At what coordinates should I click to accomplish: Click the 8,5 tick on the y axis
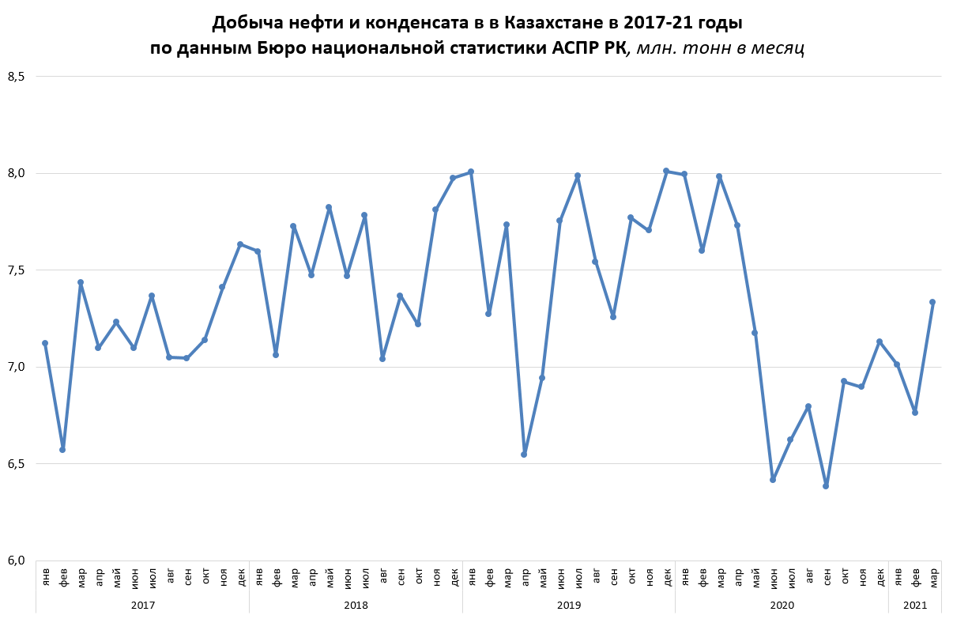[x=16, y=77]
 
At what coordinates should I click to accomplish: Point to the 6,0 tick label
[x=16, y=560]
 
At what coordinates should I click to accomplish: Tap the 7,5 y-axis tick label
[x=16, y=270]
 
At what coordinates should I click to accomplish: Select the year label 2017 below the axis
[x=143, y=605]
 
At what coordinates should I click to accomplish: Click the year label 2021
[x=915, y=605]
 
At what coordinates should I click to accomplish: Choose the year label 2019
[x=569, y=605]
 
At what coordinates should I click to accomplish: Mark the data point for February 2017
[x=62, y=450]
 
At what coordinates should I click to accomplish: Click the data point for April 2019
[x=524, y=455]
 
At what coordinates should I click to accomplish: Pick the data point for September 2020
[x=826, y=486]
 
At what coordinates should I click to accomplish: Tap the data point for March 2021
[x=932, y=302]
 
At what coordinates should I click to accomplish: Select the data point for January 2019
[x=471, y=172]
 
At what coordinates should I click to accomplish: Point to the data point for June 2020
[x=773, y=480]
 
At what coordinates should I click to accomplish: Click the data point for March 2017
[x=81, y=282]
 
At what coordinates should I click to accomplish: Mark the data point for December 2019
[x=666, y=171]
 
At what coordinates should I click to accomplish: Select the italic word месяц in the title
[x=777, y=47]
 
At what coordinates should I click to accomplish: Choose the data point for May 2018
[x=329, y=207]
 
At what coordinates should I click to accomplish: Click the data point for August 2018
[x=382, y=359]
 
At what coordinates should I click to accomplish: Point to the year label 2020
[x=782, y=605]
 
